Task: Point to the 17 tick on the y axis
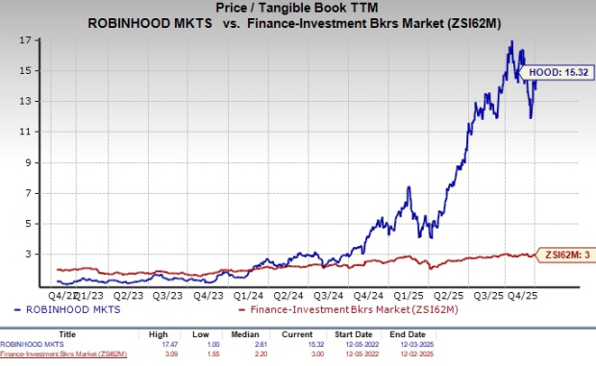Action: pyautogui.click(x=37, y=40)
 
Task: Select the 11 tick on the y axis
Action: pyautogui.click(x=37, y=132)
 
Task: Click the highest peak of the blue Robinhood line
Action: pyautogui.click(x=511, y=41)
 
